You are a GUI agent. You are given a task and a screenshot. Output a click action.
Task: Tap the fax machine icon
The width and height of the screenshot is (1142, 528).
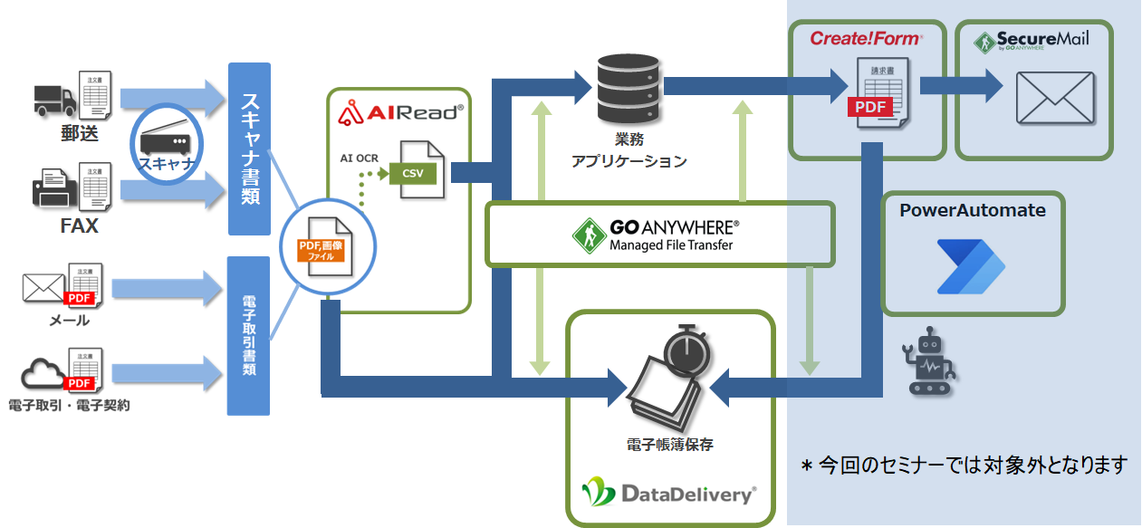(x=54, y=187)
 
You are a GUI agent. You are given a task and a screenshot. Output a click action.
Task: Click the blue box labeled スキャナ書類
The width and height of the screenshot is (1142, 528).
(x=249, y=149)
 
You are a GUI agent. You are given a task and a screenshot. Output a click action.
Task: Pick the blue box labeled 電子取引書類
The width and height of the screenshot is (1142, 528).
(x=249, y=335)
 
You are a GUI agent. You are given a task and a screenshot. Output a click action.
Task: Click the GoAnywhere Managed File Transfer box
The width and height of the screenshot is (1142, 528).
(x=658, y=234)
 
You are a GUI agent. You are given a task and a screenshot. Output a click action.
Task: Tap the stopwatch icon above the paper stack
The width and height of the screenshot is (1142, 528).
(x=686, y=349)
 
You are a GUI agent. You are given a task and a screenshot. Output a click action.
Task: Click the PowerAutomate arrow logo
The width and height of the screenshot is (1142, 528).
(x=971, y=266)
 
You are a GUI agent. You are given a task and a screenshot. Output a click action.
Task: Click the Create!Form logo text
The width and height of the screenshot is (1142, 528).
(x=866, y=39)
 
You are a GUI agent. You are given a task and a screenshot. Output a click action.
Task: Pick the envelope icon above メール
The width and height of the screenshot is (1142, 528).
(x=43, y=288)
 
